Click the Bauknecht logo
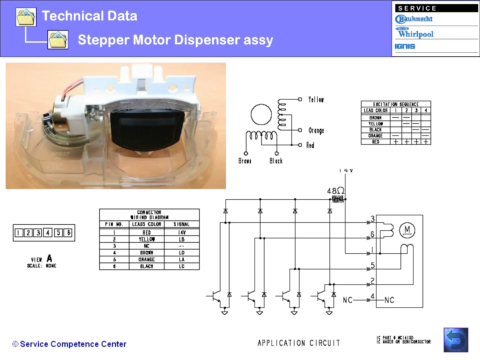(x=414, y=19)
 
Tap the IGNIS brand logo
(x=405, y=46)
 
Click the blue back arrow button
(x=456, y=340)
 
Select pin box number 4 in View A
(x=48, y=233)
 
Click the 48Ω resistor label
(x=335, y=191)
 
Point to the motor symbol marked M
(x=407, y=230)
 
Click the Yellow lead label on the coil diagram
(x=316, y=99)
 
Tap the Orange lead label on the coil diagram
(x=316, y=130)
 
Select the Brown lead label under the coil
(x=245, y=161)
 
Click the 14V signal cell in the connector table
(x=182, y=233)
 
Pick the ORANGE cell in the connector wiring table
(x=147, y=259)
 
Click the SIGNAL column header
(x=181, y=224)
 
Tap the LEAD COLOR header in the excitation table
(x=376, y=110)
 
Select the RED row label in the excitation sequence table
(x=376, y=142)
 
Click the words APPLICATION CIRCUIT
(x=299, y=343)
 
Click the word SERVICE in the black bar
(x=417, y=8)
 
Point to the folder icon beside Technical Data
(x=26, y=17)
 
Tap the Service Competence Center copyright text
(x=69, y=344)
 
